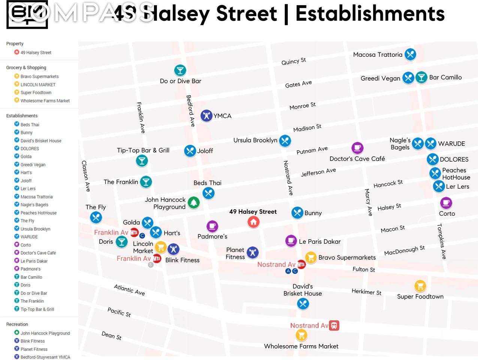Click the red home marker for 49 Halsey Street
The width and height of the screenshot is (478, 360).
click(254, 222)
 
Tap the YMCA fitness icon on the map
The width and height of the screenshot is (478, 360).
click(206, 116)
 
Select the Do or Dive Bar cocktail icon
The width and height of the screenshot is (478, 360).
click(180, 70)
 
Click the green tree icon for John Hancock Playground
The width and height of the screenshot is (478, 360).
click(194, 203)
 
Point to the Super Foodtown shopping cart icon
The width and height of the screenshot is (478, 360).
click(420, 286)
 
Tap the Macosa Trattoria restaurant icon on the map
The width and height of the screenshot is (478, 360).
click(410, 54)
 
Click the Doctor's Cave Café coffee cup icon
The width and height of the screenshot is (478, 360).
click(357, 148)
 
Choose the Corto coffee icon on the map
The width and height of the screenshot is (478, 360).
click(446, 203)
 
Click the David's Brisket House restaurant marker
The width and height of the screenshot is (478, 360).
click(303, 304)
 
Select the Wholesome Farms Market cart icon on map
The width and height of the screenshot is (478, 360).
click(301, 335)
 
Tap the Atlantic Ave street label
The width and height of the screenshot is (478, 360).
click(129, 289)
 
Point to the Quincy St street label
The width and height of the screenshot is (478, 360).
click(294, 61)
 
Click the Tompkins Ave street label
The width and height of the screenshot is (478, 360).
click(442, 241)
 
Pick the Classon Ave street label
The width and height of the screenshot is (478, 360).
click(86, 176)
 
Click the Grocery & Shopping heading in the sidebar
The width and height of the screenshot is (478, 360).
click(26, 67)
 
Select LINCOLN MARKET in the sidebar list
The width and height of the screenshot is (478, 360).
click(38, 85)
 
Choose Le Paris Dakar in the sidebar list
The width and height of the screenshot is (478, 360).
click(34, 261)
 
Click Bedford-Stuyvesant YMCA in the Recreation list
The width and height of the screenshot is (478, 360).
click(45, 357)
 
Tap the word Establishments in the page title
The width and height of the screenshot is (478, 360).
click(370, 14)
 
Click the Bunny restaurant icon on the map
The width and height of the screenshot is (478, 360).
click(297, 213)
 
